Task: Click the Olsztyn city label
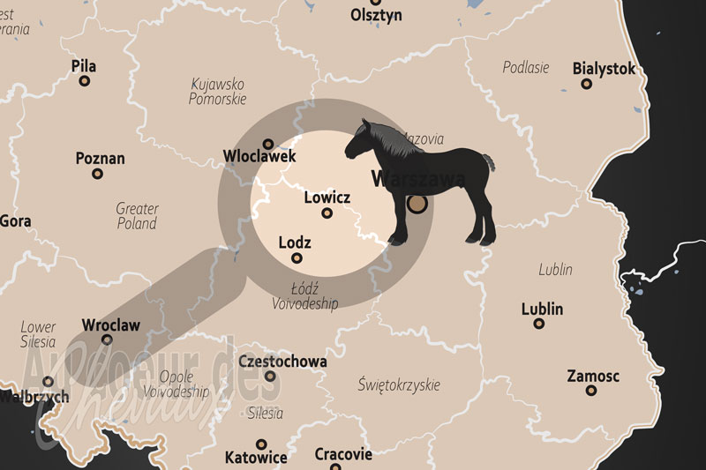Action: click(376, 15)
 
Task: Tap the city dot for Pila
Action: click(85, 81)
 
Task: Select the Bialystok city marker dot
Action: click(586, 84)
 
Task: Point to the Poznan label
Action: click(100, 159)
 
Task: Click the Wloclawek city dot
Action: click(267, 143)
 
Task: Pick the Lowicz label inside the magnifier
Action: click(327, 198)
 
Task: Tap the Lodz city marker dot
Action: click(297, 257)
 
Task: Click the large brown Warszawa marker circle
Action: click(417, 205)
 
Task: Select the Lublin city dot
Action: click(539, 324)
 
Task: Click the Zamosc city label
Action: click(593, 377)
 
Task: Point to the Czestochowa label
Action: click(282, 362)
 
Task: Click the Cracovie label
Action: click(343, 455)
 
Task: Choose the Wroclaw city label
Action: click(110, 325)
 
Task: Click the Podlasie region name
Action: click(526, 67)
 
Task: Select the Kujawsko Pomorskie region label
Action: click(217, 92)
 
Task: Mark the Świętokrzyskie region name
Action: click(399, 385)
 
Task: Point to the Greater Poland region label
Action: click(137, 216)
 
